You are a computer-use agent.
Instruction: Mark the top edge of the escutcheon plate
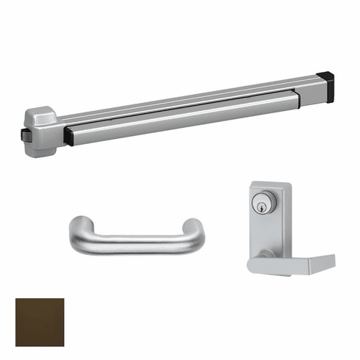pyautogui.click(x=270, y=184)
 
